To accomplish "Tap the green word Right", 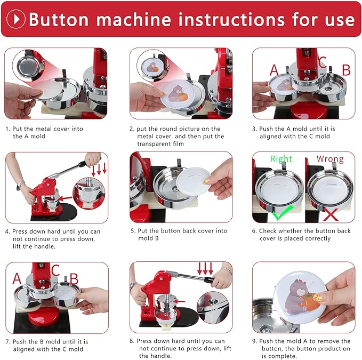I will (281, 158).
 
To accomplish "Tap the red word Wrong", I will (330, 158).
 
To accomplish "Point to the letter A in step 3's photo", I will (274, 70).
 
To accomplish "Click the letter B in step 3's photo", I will (345, 69).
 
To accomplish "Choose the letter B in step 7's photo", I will (74, 279).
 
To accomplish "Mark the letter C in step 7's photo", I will (55, 270).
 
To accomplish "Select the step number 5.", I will (133, 231).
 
